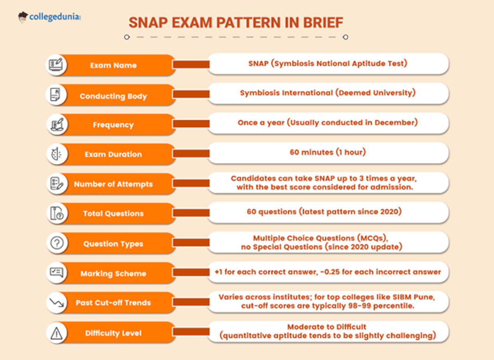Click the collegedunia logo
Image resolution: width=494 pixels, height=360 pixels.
(49, 17)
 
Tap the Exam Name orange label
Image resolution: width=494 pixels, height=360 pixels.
(113, 65)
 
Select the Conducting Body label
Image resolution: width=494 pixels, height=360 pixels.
(113, 96)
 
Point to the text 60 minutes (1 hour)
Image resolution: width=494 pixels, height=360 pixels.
(328, 152)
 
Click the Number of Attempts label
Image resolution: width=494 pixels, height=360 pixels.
(113, 184)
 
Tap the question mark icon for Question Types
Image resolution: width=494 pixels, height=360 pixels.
(56, 243)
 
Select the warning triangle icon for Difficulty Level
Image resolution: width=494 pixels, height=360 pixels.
(56, 333)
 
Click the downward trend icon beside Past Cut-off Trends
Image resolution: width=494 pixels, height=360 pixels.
(56, 303)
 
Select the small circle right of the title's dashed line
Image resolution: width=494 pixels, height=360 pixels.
(345, 37)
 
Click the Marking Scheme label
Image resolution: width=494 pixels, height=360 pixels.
(113, 274)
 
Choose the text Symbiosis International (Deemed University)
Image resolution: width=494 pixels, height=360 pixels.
(328, 93)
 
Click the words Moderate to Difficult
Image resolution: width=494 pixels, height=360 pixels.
(326, 327)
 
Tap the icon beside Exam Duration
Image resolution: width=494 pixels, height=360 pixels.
(56, 154)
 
